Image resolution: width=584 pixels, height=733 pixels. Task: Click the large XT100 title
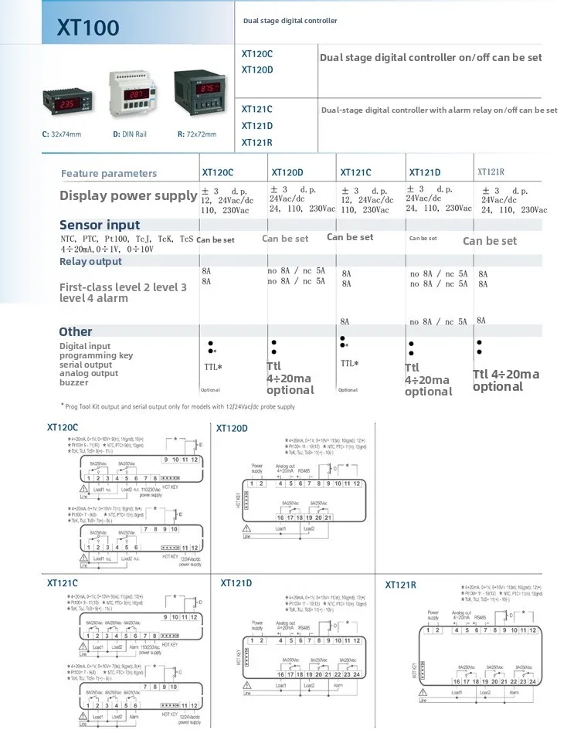[x=88, y=28]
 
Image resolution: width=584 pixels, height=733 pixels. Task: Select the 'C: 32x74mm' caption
[x=61, y=134]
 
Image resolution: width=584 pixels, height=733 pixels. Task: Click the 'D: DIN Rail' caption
[x=130, y=134]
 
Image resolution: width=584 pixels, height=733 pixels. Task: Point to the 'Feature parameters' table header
[x=109, y=174]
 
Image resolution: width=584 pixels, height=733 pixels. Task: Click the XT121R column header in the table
[x=491, y=173]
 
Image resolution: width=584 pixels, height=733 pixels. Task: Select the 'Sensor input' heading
[x=100, y=225]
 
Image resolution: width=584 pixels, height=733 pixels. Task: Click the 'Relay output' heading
[x=90, y=262]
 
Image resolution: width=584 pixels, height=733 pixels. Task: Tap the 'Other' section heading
[x=76, y=331]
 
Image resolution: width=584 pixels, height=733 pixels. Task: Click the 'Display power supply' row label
[x=128, y=195]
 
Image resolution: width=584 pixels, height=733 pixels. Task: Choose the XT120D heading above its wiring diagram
[x=232, y=428]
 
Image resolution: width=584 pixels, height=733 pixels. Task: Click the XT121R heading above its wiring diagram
[x=400, y=585]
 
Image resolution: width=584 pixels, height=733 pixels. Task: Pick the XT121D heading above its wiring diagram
[x=238, y=582]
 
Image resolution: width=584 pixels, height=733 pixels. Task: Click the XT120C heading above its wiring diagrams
[x=63, y=427]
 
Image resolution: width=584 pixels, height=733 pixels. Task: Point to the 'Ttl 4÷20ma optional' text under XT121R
[x=506, y=380]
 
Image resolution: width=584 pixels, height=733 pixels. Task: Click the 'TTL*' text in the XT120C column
[x=213, y=367]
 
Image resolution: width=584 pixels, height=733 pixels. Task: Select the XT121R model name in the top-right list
[x=256, y=142]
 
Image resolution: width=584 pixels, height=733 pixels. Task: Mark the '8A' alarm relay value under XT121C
[x=345, y=321]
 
